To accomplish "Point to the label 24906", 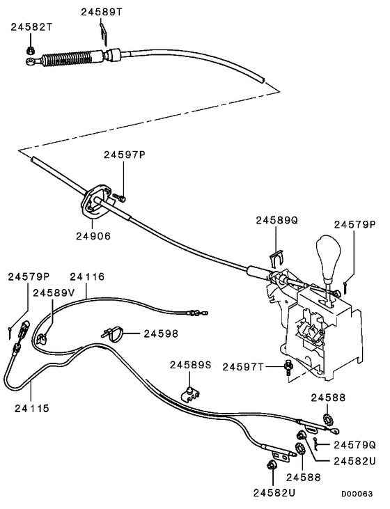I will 94,235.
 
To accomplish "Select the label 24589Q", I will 276,219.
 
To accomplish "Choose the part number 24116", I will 88,276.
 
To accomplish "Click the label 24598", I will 161,334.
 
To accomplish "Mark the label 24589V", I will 54,292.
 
